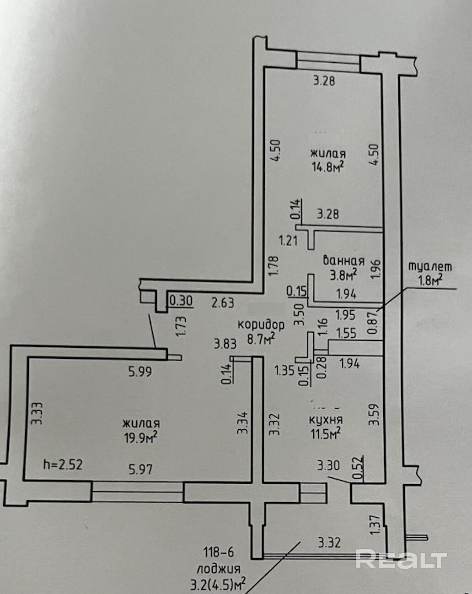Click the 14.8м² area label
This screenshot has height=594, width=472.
(327, 167)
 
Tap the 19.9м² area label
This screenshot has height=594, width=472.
(140, 437)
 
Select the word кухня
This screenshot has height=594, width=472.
(326, 420)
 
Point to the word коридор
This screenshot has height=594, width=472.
(261, 324)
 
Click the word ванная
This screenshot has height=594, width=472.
(343, 261)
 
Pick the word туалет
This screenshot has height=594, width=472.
(429, 266)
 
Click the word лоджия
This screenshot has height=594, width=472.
(219, 569)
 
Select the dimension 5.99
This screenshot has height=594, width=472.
(140, 372)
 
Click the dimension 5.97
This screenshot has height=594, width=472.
(140, 469)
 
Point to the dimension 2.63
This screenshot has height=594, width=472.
(223, 302)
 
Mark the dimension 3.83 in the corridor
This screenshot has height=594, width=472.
(225, 344)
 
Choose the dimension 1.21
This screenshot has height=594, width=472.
(288, 240)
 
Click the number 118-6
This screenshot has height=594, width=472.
(219, 552)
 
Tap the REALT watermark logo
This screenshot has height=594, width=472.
(401, 559)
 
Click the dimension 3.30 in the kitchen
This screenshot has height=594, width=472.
(328, 465)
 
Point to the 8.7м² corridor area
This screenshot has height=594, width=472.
(261, 339)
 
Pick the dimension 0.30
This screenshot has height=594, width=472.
(181, 301)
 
